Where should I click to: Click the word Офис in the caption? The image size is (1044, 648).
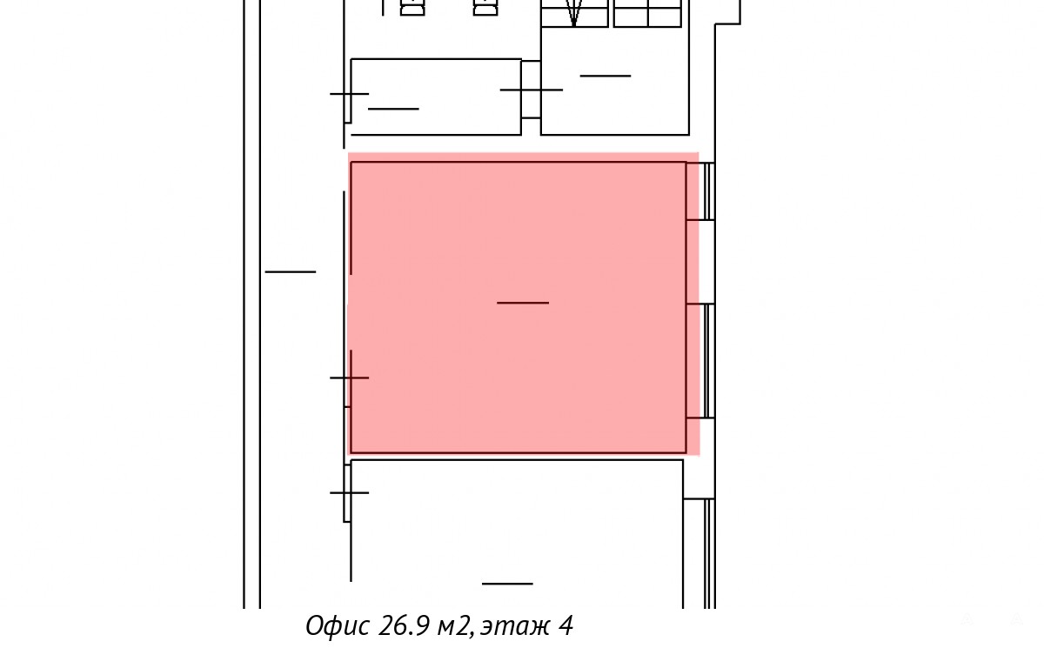point(338,625)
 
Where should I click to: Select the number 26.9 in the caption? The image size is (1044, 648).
point(404,625)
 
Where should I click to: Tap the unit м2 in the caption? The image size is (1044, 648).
point(453,627)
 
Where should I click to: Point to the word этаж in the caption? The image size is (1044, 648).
point(515,627)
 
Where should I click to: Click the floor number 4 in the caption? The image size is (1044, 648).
point(565,625)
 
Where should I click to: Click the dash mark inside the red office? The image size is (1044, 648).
point(523,303)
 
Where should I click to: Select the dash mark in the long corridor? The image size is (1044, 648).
point(291,271)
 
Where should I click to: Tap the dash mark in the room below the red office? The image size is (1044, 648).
point(507,584)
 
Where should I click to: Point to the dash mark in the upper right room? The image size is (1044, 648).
point(606,76)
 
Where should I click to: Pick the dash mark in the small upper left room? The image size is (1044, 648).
point(393,109)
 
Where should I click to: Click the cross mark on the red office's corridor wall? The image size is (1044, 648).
point(350,377)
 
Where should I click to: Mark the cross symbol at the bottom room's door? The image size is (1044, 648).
point(350,492)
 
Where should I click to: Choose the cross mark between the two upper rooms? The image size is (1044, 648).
point(532,90)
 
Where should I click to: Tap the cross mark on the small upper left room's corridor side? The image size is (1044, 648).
point(350,94)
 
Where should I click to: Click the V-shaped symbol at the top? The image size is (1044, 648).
point(573,13)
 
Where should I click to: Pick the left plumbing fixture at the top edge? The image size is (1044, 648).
point(412,8)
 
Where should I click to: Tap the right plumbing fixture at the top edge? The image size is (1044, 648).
point(485,8)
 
